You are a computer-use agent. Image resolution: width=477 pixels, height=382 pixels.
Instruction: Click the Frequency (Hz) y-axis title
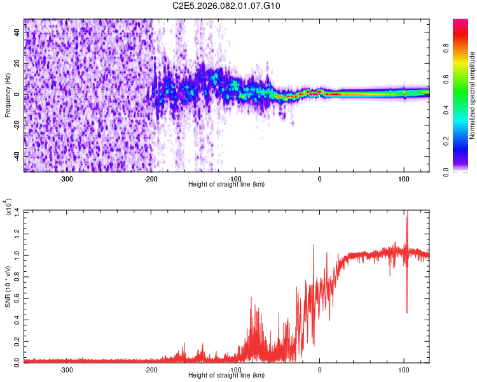8,95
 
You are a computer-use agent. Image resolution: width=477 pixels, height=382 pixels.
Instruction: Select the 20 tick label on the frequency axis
17,64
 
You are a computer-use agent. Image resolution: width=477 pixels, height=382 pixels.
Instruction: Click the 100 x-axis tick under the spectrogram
403,178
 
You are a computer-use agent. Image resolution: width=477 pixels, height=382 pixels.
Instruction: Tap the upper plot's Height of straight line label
227,184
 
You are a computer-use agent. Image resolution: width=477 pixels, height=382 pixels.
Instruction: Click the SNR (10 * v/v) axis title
8,286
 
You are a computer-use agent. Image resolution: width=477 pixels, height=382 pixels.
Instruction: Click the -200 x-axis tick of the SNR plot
151,369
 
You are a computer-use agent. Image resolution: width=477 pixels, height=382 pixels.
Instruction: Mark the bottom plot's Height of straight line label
227,375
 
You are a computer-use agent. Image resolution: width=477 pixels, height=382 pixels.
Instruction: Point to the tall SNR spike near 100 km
406,220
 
